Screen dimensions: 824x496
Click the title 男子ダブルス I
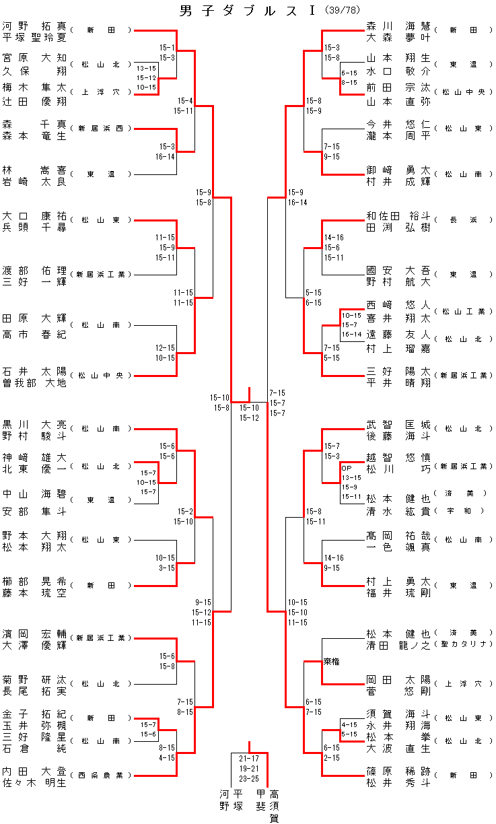coord(250,11)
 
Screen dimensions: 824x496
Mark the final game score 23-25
coord(249,778)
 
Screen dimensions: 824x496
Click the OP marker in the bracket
coord(347,468)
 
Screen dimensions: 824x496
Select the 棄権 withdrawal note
coord(332,662)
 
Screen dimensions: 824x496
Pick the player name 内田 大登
coord(34,771)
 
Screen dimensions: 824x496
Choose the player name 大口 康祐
coord(34,216)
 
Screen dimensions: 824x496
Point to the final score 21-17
coord(249,758)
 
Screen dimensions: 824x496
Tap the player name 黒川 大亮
coord(34,424)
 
